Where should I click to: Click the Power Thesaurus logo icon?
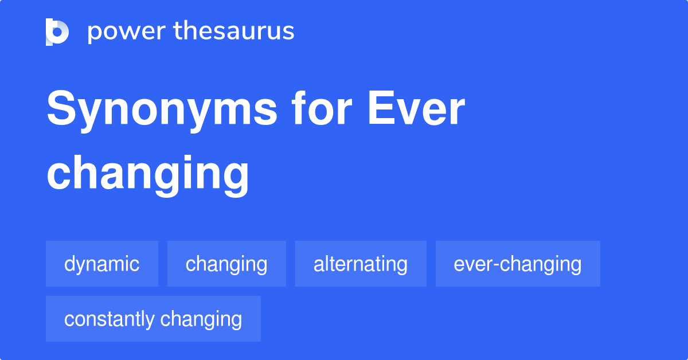[x=57, y=32]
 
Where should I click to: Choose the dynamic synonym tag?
[x=102, y=264]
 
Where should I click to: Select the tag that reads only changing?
[x=226, y=264]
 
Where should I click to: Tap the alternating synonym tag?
[x=361, y=264]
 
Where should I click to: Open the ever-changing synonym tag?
[x=518, y=264]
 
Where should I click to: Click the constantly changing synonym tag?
[x=153, y=319]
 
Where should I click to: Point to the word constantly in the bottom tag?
[x=110, y=319]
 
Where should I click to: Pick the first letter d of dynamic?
[x=69, y=264]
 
